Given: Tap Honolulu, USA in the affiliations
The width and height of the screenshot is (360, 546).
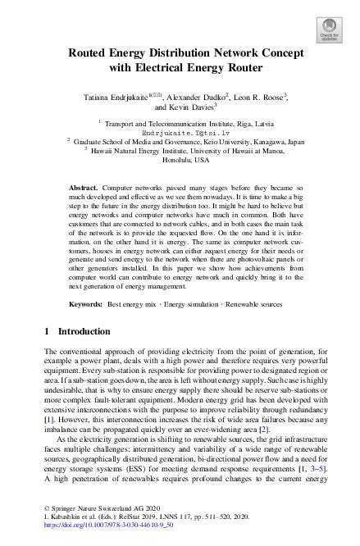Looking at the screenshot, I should point(180,160).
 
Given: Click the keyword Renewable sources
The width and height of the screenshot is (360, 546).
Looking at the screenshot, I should point(257,303).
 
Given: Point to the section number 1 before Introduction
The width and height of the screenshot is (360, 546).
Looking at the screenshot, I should point(44,331).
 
